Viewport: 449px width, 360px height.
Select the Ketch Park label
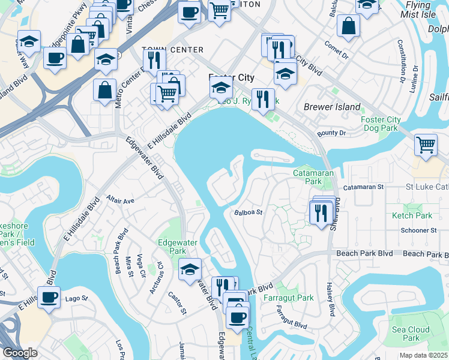[x=412, y=215]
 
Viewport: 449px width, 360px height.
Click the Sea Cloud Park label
[x=411, y=334]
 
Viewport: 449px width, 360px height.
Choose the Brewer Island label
[x=332, y=107]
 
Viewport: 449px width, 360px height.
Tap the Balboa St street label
[x=249, y=212]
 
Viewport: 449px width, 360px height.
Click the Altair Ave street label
[x=120, y=200]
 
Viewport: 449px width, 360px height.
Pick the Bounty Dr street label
[x=332, y=133]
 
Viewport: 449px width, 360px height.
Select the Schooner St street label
[x=419, y=230]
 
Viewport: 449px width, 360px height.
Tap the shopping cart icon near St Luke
[x=426, y=145]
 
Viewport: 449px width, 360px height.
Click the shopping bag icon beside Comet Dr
[x=348, y=26]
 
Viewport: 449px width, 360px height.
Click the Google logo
[x=20, y=353]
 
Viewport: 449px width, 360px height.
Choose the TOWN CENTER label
[x=165, y=49]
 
